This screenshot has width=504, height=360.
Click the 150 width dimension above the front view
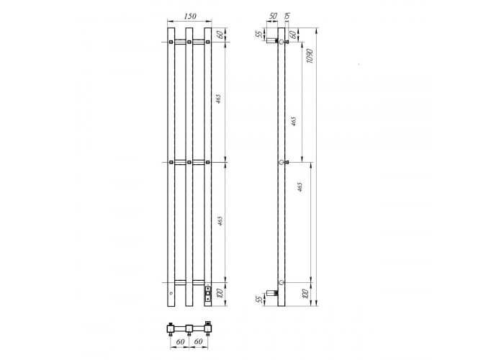pos(190,16)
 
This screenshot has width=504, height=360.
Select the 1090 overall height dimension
pos(310,56)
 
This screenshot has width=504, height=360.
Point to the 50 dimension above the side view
pos(273,16)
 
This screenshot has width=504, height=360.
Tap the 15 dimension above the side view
pos(287,16)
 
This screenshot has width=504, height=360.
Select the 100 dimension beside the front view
pos(220,294)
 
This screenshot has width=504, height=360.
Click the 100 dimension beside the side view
pos(305,294)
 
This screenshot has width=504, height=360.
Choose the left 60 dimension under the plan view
pos(180,341)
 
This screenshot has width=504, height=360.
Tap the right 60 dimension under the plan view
pos(198,341)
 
